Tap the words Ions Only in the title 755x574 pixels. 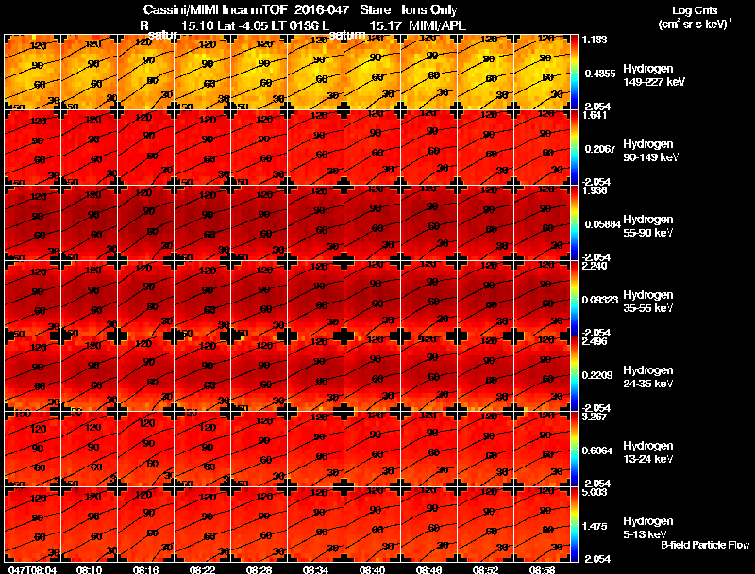422,10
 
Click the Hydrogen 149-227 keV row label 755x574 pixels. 648,75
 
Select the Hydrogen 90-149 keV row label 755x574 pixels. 648,151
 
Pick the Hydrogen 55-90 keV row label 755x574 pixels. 648,226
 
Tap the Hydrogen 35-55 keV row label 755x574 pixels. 648,302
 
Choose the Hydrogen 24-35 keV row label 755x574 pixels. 648,377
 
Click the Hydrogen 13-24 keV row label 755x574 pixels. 648,452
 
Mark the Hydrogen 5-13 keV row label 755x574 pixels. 648,528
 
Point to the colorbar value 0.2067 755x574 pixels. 600,149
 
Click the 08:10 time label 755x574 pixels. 89,569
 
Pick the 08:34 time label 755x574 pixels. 316,569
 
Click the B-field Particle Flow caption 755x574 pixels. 704,545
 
